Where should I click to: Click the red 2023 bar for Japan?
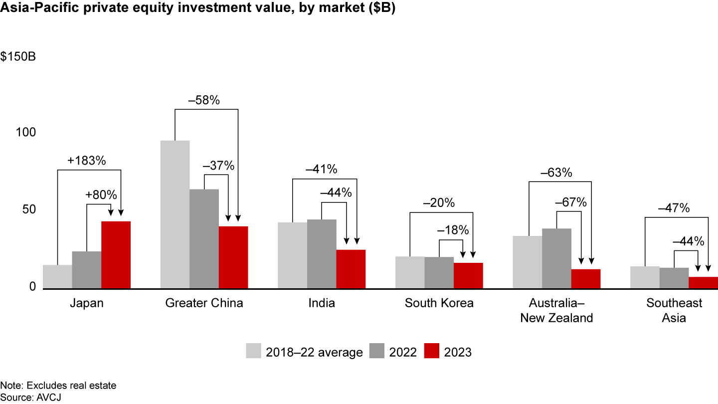pos(116,255)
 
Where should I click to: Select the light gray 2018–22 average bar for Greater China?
pos(175,214)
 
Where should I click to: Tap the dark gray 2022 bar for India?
pos(322,254)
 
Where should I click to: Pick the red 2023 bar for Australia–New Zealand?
pos(586,279)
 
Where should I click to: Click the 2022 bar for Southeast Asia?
pos(674,278)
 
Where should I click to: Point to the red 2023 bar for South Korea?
pos(468,276)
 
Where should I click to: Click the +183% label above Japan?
pos(87,161)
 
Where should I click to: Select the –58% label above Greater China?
pos(204,100)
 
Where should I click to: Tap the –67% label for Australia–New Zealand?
pos(571,203)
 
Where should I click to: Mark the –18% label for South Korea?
pos(453,230)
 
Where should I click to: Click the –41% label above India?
pos(322,170)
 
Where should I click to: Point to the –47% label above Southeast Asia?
pos(674,208)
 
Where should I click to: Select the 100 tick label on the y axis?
pos(26,133)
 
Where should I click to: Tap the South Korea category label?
pos(439,303)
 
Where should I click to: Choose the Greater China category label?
pos(204,303)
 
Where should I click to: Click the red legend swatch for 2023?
pos(432,351)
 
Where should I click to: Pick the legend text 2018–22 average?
pos(314,352)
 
